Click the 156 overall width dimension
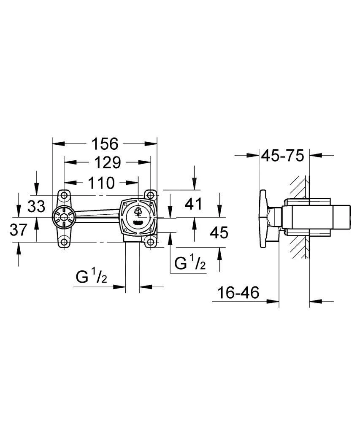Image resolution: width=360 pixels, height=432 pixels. (105, 144)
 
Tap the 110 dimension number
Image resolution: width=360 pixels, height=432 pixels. (101, 183)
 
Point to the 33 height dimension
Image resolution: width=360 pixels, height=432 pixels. (36, 206)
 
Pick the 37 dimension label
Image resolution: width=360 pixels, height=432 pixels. (19, 230)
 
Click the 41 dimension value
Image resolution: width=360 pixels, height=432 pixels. (194, 205)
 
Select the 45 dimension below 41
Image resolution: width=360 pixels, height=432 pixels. (219, 232)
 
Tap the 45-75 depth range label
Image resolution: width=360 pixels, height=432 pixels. (282, 156)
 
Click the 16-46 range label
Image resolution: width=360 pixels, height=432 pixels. (238, 292)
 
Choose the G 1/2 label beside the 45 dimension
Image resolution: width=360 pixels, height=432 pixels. (190, 264)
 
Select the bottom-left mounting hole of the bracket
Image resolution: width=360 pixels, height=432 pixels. (64, 242)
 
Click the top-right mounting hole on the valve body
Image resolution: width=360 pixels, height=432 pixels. (150, 195)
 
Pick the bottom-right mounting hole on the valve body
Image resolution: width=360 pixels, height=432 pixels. (149, 243)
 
